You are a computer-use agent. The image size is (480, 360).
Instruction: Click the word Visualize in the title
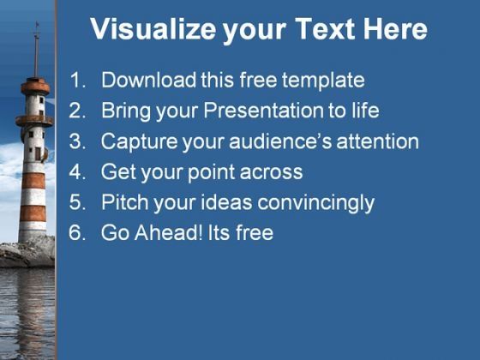pyautogui.click(x=153, y=29)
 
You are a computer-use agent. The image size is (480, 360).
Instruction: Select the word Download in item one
pyautogui.click(x=148, y=80)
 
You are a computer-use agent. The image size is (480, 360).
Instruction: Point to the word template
pyautogui.click(x=323, y=81)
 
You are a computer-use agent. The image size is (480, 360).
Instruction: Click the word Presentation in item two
pyautogui.click(x=263, y=111)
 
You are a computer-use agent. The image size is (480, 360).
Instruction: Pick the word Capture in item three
pyautogui.click(x=139, y=141)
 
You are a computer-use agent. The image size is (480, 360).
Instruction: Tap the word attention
pyautogui.click(x=378, y=141)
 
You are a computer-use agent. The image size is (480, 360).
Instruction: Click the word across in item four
pyautogui.click(x=271, y=172)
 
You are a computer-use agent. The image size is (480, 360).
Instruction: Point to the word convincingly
pyautogui.click(x=316, y=203)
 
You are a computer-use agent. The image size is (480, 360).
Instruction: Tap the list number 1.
pyautogui.click(x=77, y=81)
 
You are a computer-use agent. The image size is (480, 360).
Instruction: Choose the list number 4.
pyautogui.click(x=77, y=172)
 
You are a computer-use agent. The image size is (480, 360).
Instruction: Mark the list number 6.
pyautogui.click(x=77, y=233)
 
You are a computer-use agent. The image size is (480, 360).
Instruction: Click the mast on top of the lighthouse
pyautogui.click(x=36, y=50)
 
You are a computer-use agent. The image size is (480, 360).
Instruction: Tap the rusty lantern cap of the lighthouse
pyautogui.click(x=35, y=86)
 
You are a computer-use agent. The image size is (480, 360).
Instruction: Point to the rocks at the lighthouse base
pyautogui.click(x=27, y=253)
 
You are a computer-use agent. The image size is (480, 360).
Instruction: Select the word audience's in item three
pyautogui.click(x=280, y=141)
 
